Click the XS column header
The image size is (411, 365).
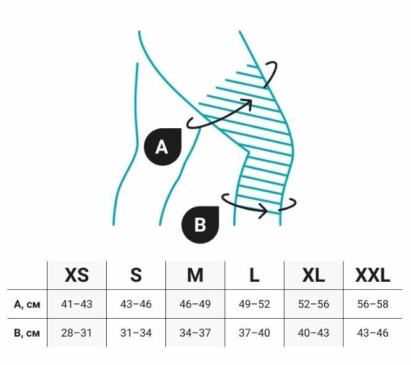(77, 275)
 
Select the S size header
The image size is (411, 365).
(136, 275)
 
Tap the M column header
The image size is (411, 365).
(195, 275)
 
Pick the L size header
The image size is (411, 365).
(254, 275)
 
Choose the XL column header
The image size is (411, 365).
(313, 275)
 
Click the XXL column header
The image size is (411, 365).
(373, 275)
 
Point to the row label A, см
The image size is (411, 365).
(27, 304)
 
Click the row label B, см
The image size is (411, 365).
(27, 333)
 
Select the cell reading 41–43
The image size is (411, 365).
(77, 304)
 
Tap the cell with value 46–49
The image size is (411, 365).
(195, 304)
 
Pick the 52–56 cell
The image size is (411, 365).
(313, 304)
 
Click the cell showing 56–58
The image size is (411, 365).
(373, 304)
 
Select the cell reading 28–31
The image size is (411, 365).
(77, 333)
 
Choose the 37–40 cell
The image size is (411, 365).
(254, 333)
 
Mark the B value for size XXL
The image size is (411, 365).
(373, 333)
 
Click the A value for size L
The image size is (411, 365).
(254, 304)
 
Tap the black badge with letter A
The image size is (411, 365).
(162, 147)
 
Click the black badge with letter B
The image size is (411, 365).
(200, 224)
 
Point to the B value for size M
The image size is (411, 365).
(195, 333)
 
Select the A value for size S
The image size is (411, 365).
(136, 304)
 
